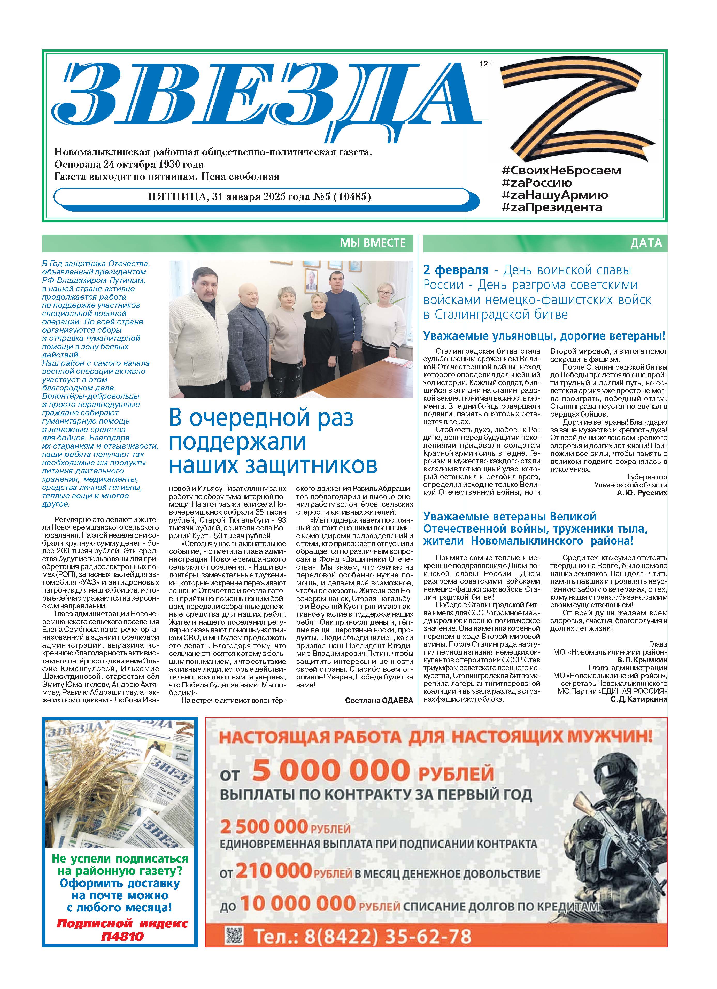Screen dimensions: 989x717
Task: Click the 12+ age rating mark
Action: [485, 64]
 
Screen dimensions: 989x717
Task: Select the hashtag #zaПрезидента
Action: [552, 207]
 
